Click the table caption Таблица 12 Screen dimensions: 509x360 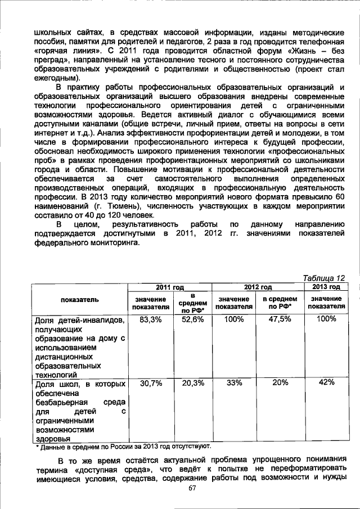click(323, 278)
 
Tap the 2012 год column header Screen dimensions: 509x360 click(257, 287)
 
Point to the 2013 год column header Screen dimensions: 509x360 click(326, 287)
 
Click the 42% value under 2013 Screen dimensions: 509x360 click(326, 382)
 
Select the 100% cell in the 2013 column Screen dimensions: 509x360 click(326, 319)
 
